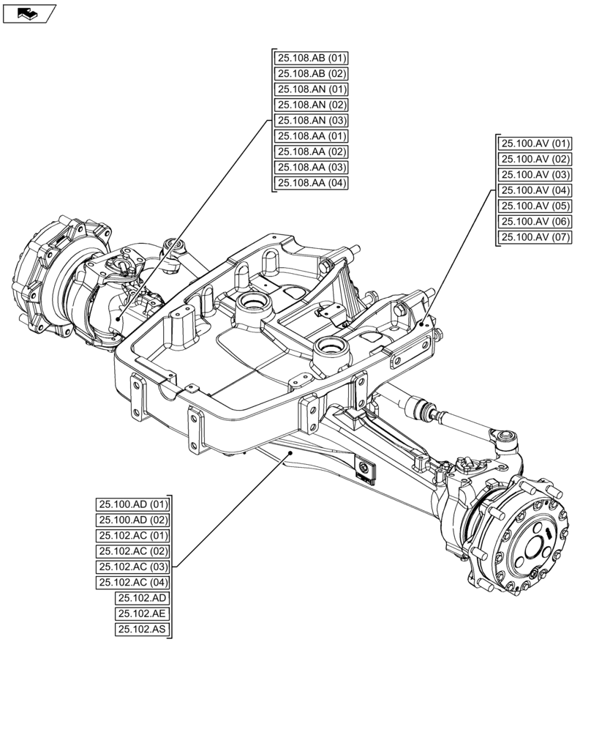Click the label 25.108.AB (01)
(312, 58)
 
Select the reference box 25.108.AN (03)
(312, 121)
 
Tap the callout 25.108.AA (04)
(312, 183)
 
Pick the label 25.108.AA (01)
(312, 136)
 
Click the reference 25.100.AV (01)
(535, 143)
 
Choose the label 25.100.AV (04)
(535, 190)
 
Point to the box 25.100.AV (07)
(535, 237)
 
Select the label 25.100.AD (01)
(133, 504)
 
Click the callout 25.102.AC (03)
(133, 567)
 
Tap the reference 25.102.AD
(141, 598)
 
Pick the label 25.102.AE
(141, 614)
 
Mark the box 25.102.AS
(141, 630)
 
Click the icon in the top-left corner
(29, 12)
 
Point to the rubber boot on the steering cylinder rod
(420, 406)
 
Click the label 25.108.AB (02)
(312, 74)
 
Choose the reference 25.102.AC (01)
(133, 536)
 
